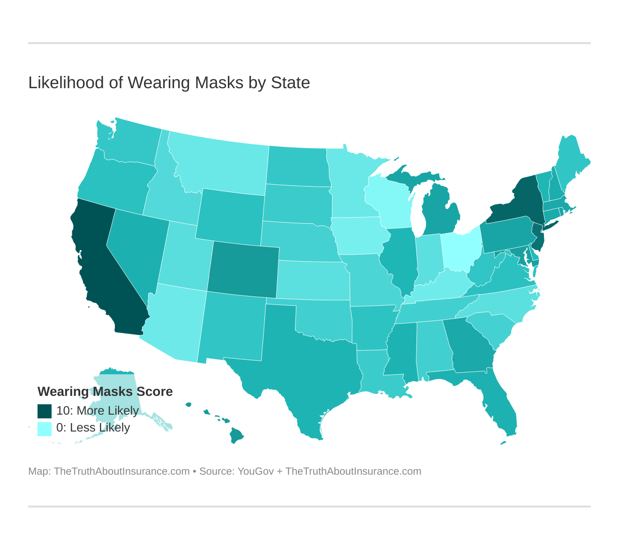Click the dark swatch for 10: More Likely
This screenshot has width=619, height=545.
pyautogui.click(x=45, y=411)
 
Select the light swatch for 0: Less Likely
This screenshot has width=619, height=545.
pyautogui.click(x=45, y=428)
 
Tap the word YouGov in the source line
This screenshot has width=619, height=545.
pyautogui.click(x=256, y=471)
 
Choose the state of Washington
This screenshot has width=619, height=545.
pyautogui.click(x=134, y=143)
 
